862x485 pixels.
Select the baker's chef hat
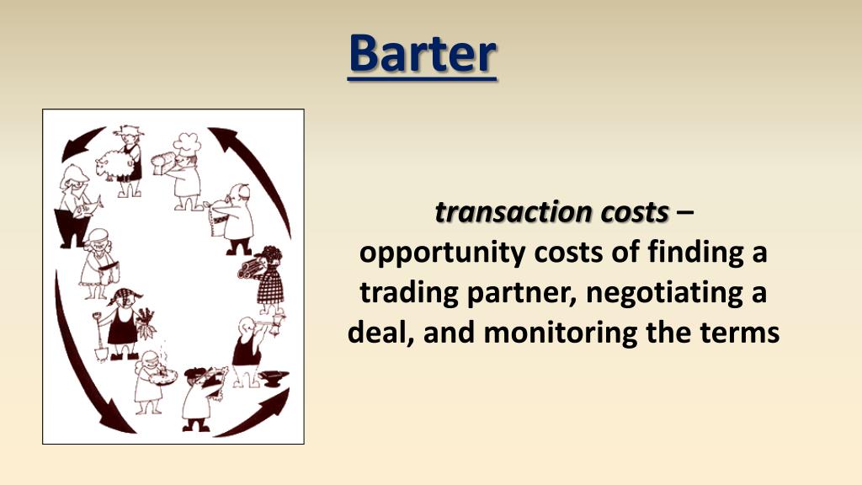click(x=188, y=144)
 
